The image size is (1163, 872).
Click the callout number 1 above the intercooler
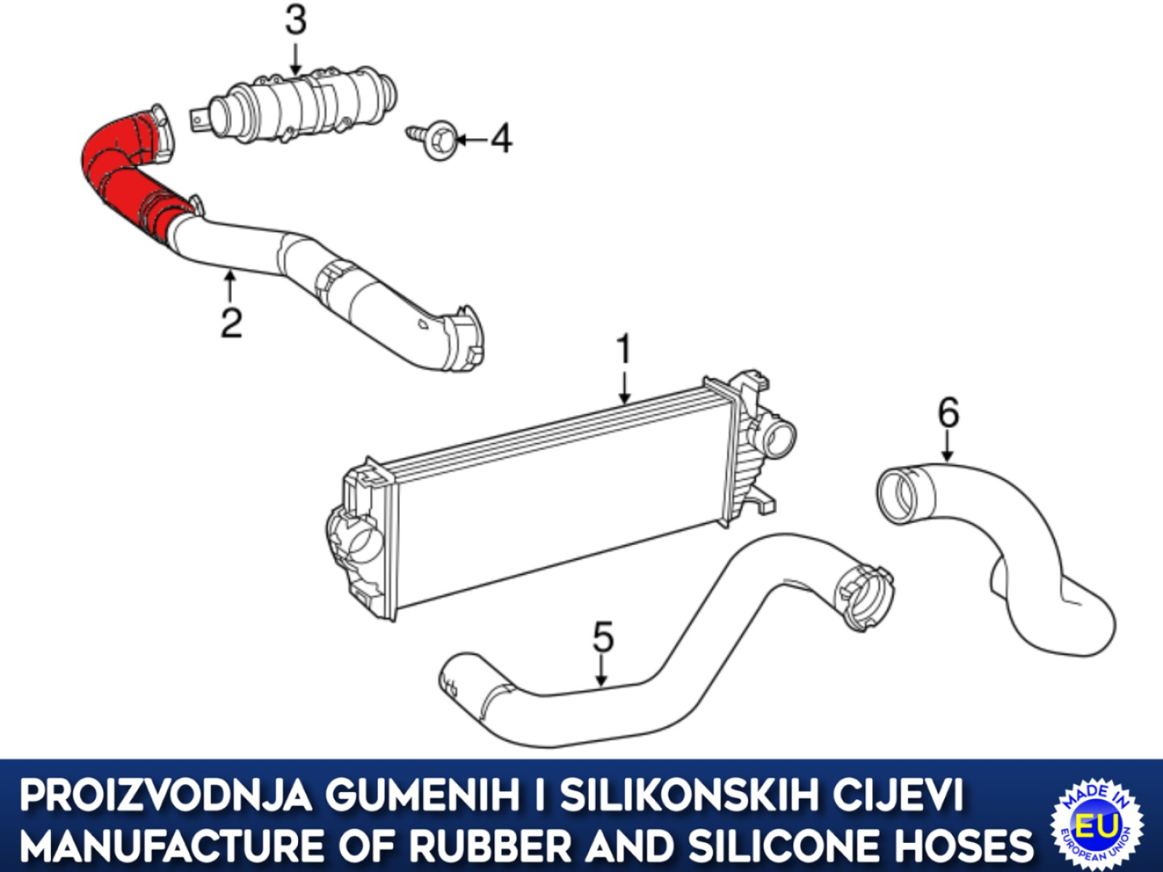[625, 350]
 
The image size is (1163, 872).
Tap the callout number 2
[232, 323]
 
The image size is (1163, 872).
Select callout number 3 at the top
[296, 21]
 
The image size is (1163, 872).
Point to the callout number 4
[501, 140]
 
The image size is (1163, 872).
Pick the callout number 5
[603, 637]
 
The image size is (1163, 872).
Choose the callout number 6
[949, 413]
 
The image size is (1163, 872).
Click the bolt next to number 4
[432, 140]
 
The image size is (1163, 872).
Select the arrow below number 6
[948, 447]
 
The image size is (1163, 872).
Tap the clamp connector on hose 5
[863, 597]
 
